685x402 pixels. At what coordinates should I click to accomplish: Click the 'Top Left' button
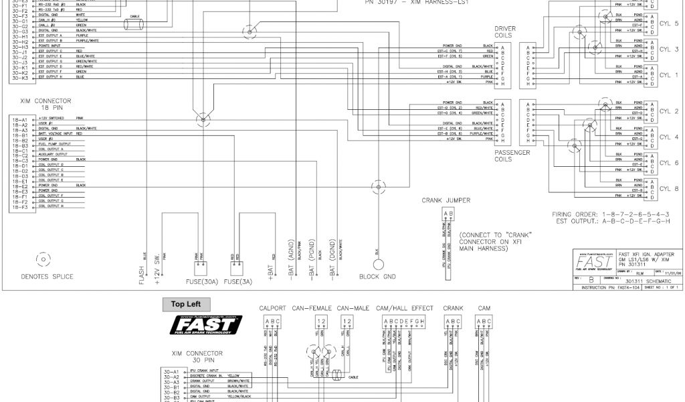coord(187,304)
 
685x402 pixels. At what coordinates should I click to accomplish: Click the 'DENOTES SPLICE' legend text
coord(47,277)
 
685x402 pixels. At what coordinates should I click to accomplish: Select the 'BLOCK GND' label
coord(378,277)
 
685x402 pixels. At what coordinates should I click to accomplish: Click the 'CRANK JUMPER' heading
coord(446,200)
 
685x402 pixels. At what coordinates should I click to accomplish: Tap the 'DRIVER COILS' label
coord(505,33)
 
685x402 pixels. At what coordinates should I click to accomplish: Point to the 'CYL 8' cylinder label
coord(669,189)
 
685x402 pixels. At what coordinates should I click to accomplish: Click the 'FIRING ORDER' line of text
coord(611,214)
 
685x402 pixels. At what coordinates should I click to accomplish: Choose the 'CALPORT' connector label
coord(273,309)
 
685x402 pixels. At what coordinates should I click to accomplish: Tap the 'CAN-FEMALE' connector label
coord(313,309)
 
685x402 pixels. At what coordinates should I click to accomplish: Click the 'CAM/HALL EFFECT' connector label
coord(405,309)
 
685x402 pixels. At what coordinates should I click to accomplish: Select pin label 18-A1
coord(19,119)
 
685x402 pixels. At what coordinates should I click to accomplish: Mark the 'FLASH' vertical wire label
coord(141,274)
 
